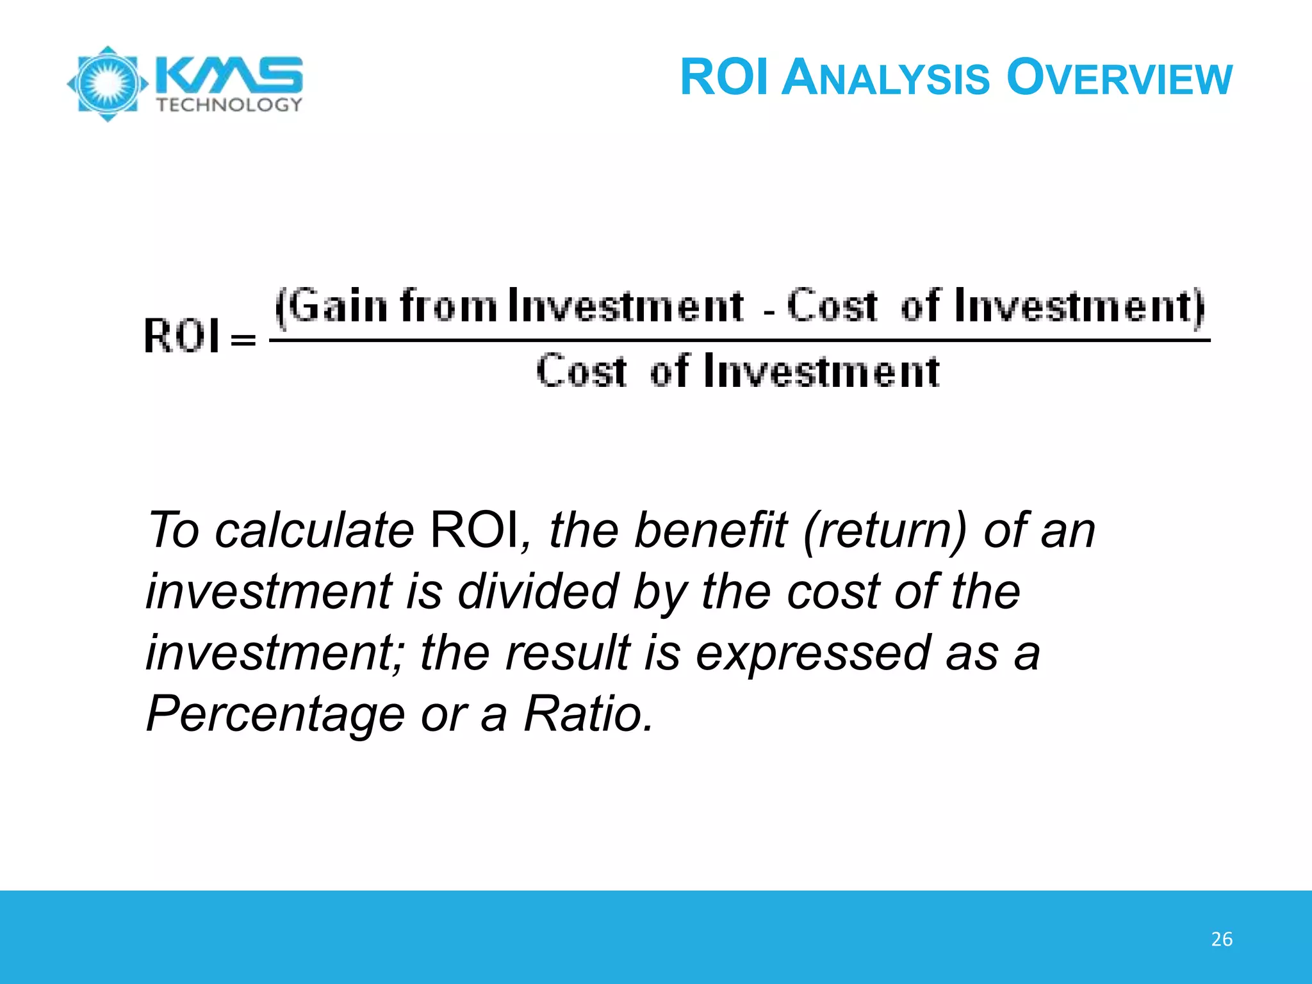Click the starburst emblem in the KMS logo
pyautogui.click(x=108, y=83)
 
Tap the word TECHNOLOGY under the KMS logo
pyautogui.click(x=229, y=105)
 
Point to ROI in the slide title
pyautogui.click(x=724, y=78)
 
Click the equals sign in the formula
pyautogui.click(x=243, y=340)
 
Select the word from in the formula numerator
pyautogui.click(x=448, y=306)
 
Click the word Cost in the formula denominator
pyautogui.click(x=581, y=372)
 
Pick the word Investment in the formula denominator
pyautogui.click(x=822, y=372)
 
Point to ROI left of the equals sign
pyautogui.click(x=181, y=336)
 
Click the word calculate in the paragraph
pyautogui.click(x=315, y=531)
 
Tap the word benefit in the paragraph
pyautogui.click(x=710, y=531)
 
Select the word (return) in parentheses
pyautogui.click(x=884, y=531)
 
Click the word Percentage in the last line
pyautogui.click(x=275, y=714)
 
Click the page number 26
pyautogui.click(x=1222, y=939)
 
